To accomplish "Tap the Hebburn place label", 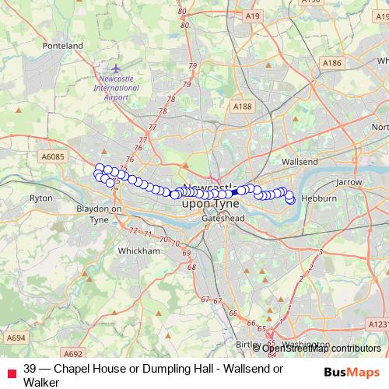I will pos(319,198).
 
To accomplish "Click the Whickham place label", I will pos(138,251).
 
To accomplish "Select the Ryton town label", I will pos(40,198).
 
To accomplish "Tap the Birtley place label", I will pos(248,343).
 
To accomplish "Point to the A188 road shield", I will pos(243,107).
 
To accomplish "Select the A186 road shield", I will pos(332,62).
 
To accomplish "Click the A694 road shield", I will pos(16,338).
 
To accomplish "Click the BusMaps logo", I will pos(351,371).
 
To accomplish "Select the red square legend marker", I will pos(12,370).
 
